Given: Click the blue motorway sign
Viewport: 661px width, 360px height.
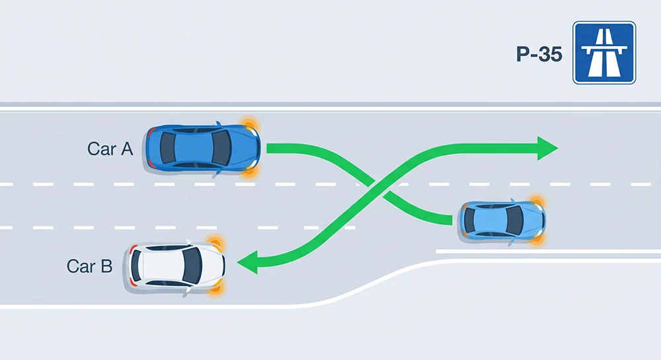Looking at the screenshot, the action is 604,53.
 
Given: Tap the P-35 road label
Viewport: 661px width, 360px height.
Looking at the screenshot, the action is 539,54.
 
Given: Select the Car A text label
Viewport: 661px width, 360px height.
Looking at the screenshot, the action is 110,149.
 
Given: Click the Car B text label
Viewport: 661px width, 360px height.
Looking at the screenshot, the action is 89,266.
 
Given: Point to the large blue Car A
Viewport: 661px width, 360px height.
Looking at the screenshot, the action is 203,148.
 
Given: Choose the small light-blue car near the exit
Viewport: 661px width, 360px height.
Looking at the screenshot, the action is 502,221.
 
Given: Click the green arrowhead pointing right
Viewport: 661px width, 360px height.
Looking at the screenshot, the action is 547,148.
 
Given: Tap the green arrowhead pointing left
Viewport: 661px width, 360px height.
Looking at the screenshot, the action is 247,262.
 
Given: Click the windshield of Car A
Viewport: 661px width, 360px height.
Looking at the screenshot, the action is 221,148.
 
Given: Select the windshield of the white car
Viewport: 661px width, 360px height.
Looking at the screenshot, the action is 192,266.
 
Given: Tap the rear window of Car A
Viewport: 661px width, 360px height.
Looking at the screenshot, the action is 167,148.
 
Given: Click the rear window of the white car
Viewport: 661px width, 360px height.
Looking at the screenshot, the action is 136,266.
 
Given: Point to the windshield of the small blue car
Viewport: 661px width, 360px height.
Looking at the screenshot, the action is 514,221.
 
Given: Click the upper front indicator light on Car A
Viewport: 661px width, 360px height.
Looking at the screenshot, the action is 249,125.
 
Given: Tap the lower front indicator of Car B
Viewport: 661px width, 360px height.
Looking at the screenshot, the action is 216,288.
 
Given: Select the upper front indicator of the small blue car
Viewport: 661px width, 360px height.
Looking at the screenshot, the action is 536,201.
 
